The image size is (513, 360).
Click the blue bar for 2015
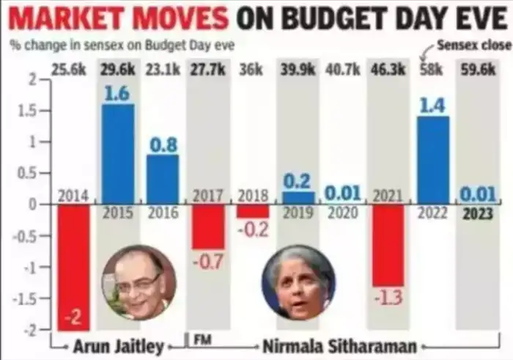[x=117, y=154]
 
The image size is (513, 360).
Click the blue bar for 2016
[x=163, y=179]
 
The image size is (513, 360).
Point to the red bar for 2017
[x=208, y=227]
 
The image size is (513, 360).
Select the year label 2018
[x=254, y=196]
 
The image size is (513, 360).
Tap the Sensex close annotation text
[x=473, y=45]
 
